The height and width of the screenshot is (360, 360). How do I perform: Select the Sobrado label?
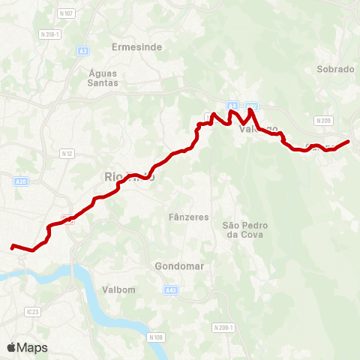tap(335, 68)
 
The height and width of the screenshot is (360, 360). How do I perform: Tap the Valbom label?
tap(118, 289)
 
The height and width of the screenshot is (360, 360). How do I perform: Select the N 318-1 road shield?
tap(49, 34)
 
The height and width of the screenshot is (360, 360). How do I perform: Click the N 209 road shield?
tap(323, 120)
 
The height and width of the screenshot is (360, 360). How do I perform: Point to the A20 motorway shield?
tap(20, 181)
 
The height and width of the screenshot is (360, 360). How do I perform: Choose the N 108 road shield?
tap(156, 337)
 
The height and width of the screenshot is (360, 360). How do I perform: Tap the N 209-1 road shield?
tap(223, 328)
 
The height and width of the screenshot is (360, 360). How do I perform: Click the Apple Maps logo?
tap(27, 347)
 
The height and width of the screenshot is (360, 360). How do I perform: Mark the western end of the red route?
tap(12, 246)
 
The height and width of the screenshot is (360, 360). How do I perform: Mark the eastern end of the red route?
tap(349, 141)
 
